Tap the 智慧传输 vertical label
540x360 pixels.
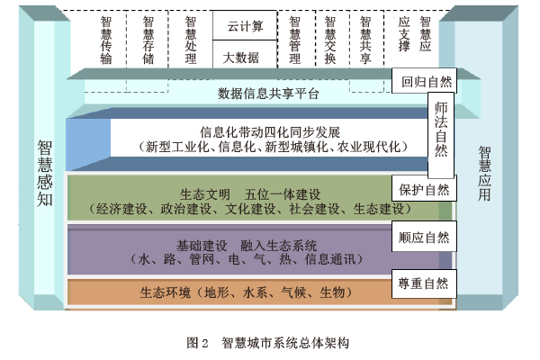[107, 40]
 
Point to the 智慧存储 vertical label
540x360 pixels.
[148, 40]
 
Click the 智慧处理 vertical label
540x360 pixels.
[190, 40]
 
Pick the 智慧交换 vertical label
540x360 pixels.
[329, 40]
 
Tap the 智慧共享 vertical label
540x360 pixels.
[364, 40]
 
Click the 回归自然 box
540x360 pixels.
[426, 82]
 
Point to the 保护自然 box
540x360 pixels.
[423, 190]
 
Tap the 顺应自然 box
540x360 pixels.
[424, 238]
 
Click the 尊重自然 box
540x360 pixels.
[424, 283]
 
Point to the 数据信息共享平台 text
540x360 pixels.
[268, 94]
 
